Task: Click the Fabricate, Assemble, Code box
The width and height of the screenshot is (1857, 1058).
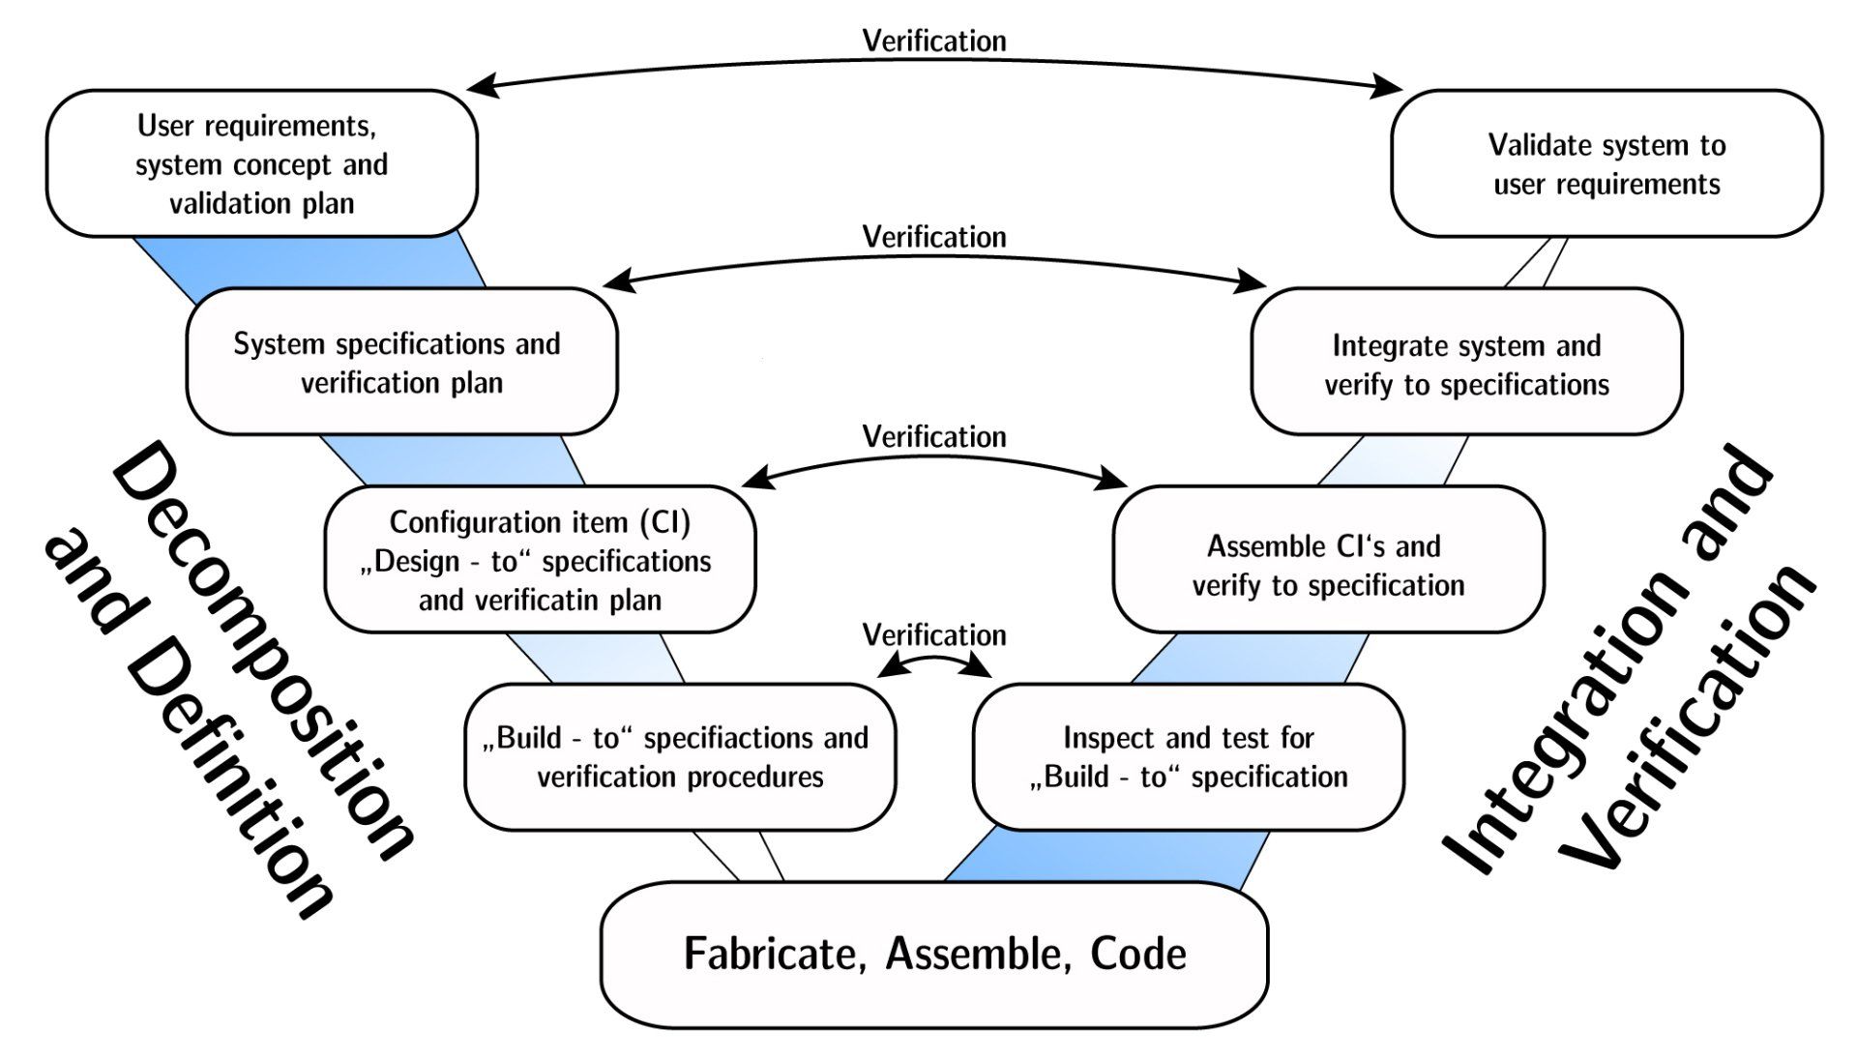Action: coord(933,954)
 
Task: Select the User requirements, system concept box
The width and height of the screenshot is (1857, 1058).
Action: coord(261,163)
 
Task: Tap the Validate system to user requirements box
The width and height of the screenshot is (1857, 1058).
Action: coord(1606,163)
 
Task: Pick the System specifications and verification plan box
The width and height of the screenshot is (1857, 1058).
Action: coord(401,362)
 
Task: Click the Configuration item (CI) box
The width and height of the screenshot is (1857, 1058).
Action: coord(540,560)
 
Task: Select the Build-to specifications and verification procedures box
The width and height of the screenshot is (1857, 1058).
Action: coord(680,757)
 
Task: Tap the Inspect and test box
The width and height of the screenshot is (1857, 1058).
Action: coord(1188,757)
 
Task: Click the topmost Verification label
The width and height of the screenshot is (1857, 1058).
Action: coord(934,41)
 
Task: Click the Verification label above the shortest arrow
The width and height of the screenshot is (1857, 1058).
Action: coord(934,635)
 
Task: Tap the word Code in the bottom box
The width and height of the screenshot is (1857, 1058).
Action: coord(1137,954)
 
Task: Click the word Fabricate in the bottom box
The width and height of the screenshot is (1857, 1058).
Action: coord(770,954)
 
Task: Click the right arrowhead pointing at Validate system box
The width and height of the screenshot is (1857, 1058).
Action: coord(1391,89)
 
